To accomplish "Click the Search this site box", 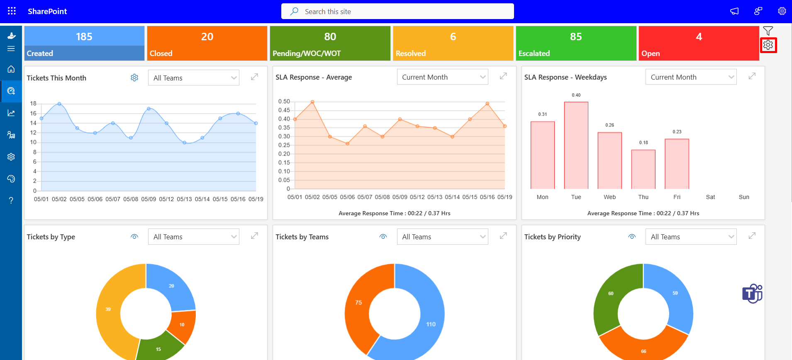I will pyautogui.click(x=397, y=12).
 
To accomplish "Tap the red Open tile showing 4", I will pyautogui.click(x=699, y=43).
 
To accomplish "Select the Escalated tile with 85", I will pyautogui.click(x=576, y=43).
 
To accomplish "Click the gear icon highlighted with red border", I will pyautogui.click(x=768, y=45).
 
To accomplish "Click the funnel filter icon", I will pyautogui.click(x=768, y=31).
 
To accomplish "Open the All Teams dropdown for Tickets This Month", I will pyautogui.click(x=193, y=78).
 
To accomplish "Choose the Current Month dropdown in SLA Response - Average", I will pyautogui.click(x=442, y=77).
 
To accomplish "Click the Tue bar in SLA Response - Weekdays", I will pyautogui.click(x=576, y=145).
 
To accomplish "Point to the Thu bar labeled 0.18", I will pyautogui.click(x=643, y=169).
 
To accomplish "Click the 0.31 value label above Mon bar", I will pyautogui.click(x=543, y=114).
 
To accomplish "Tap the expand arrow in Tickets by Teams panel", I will pyautogui.click(x=503, y=236).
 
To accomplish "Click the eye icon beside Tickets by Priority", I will pyautogui.click(x=632, y=237).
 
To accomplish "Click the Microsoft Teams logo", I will pyautogui.click(x=752, y=294).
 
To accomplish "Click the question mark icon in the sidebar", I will pyautogui.click(x=11, y=200).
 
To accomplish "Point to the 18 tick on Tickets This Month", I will pyautogui.click(x=33, y=103).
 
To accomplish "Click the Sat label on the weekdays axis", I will pyautogui.click(x=710, y=197).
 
